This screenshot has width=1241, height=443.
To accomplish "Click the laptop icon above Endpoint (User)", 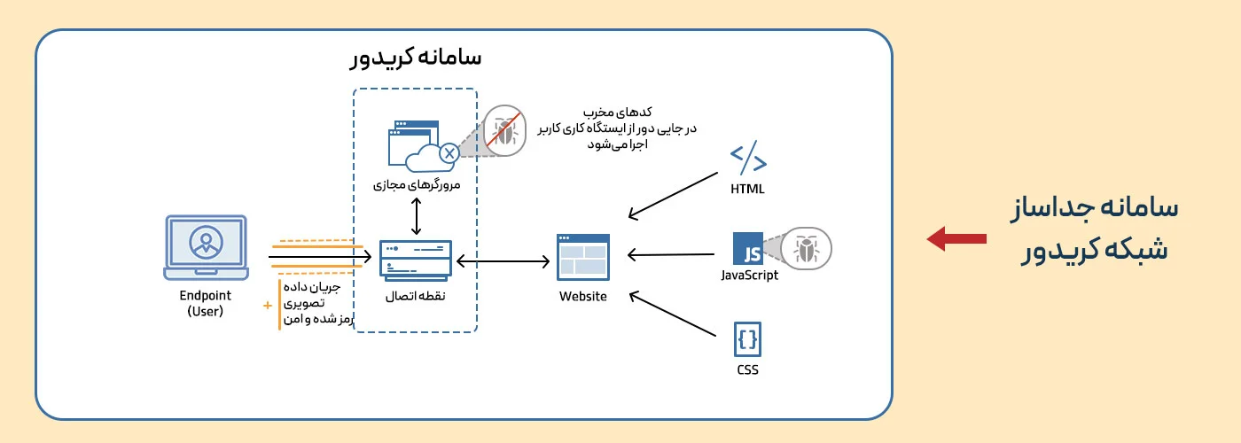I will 207,244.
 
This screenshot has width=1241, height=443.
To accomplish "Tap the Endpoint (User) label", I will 206,303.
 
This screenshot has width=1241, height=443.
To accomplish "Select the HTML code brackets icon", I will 748,159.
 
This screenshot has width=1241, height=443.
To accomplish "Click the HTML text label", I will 747,189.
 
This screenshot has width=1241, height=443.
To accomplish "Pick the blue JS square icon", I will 747,249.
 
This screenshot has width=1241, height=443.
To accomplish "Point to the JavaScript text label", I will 749,276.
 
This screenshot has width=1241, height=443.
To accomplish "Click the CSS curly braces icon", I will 747,338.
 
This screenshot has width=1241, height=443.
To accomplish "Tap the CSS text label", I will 747,369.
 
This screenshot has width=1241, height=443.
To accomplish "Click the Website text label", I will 583,297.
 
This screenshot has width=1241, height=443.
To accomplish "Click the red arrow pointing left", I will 956,237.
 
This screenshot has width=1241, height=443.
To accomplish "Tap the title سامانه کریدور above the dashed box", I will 415,58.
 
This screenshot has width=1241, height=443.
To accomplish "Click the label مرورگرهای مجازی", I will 415,186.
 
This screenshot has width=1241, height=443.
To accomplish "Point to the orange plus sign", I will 267,307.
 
